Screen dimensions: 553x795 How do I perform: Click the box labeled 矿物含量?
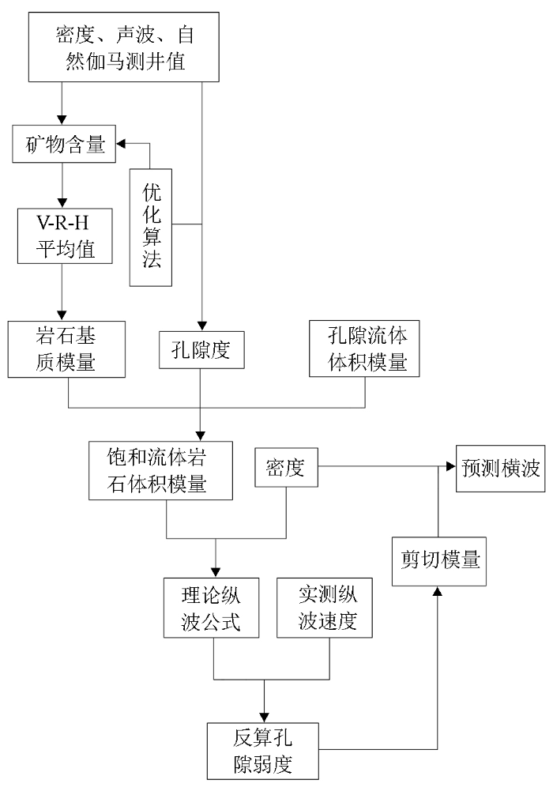[64, 144]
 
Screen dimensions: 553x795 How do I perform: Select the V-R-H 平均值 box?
[65, 235]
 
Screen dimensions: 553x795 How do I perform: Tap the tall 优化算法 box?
[151, 228]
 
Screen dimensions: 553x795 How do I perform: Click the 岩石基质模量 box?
[66, 349]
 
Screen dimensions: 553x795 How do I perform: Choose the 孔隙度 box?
[201, 350]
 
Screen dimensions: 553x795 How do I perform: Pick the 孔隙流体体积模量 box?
[364, 349]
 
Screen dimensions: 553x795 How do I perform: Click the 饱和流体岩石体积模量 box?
[160, 470]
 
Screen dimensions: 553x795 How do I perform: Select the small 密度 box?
[287, 468]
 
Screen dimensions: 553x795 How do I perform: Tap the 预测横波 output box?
[501, 469]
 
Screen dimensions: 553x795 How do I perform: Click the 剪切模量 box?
[439, 562]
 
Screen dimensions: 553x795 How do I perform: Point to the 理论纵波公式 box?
[212, 608]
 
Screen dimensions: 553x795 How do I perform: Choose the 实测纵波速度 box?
[325, 608]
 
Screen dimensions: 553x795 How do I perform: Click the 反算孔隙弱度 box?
[263, 752]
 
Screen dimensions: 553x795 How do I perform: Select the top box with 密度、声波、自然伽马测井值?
[124, 47]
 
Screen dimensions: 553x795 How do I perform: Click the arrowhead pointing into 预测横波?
[451, 466]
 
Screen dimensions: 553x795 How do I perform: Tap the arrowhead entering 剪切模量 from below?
[438, 591]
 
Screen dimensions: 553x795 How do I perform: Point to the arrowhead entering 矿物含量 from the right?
[121, 144]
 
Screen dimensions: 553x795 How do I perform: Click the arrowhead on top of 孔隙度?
[202, 326]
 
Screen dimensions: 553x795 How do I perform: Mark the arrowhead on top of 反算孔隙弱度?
[264, 718]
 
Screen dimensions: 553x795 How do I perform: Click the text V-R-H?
[63, 223]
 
